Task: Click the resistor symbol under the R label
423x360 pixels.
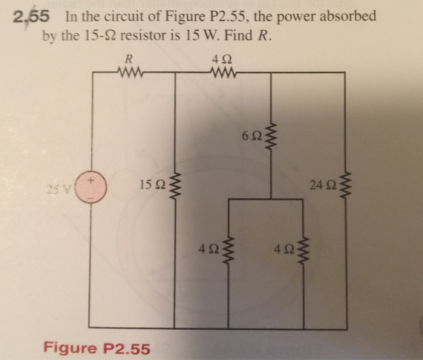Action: click(x=128, y=73)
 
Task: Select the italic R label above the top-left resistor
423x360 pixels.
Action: click(x=128, y=59)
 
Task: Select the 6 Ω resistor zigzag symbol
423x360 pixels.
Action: click(x=270, y=138)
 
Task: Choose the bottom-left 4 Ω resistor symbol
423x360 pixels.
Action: click(x=228, y=249)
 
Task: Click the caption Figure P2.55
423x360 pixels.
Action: click(x=97, y=349)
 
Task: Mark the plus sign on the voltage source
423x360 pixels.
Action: click(x=92, y=179)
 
